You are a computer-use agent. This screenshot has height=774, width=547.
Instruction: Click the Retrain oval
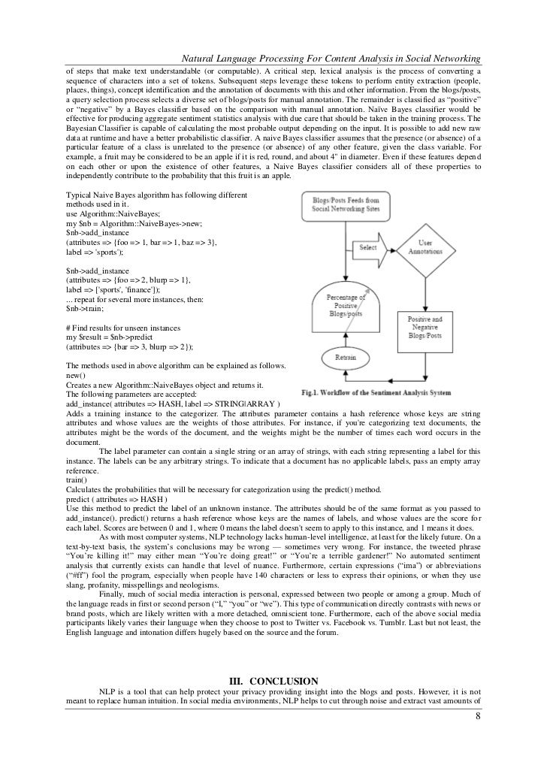346,358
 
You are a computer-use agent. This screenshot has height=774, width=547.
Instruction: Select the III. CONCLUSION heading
273,682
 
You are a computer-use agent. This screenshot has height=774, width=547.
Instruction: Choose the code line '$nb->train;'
86,308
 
